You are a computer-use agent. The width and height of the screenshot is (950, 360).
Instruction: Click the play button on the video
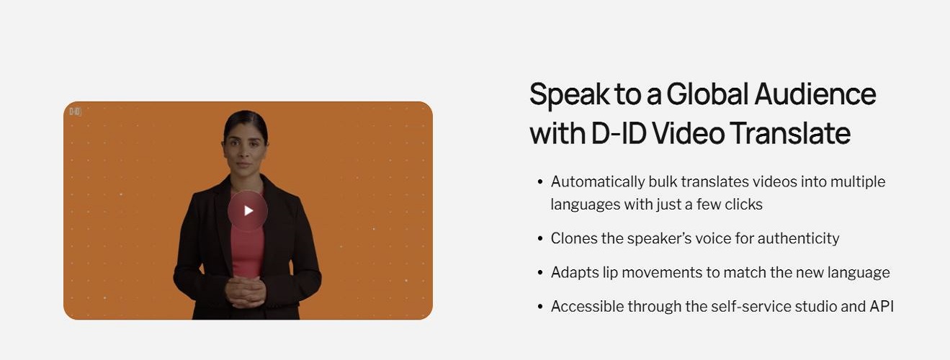click(248, 211)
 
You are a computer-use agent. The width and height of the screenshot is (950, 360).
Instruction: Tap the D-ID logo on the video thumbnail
click(76, 112)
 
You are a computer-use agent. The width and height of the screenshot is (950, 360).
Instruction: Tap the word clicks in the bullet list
click(743, 204)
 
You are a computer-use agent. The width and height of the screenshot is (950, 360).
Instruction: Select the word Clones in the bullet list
click(573, 238)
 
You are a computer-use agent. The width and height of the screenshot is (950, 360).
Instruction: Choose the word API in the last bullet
click(881, 307)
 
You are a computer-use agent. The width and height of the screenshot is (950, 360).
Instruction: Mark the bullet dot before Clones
click(540, 238)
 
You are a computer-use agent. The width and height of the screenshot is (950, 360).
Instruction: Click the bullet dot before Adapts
click(540, 273)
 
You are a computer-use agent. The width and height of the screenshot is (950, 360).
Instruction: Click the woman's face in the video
click(244, 143)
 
